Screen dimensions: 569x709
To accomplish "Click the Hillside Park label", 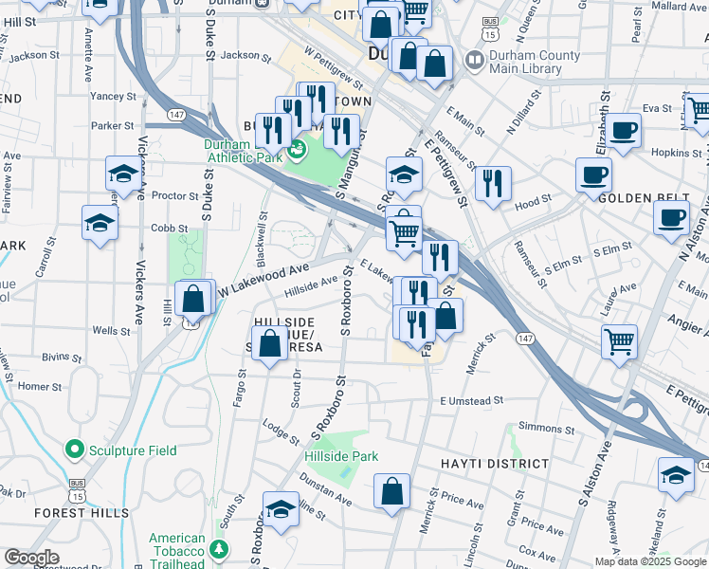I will [x=341, y=456].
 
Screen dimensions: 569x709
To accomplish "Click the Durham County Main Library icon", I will [x=473, y=62].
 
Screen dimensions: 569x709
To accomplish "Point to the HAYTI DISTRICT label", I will [x=495, y=465].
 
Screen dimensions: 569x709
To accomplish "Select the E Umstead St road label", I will [x=471, y=401].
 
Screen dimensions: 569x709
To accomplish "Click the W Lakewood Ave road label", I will [x=266, y=278].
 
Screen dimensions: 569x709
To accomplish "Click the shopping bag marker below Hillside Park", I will [x=391, y=491].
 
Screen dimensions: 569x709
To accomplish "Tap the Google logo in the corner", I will [x=31, y=558].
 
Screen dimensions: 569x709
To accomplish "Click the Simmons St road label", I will [x=540, y=429].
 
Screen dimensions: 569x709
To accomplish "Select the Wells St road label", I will [x=112, y=331].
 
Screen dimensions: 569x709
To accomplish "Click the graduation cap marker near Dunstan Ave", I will [x=281, y=510].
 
